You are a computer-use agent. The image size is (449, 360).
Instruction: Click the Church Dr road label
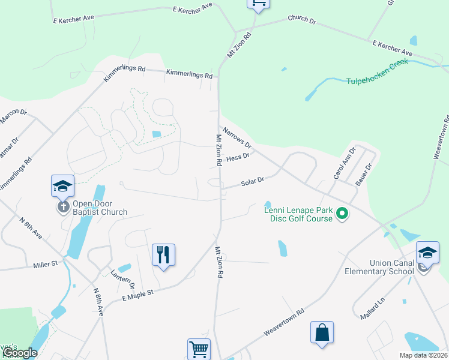point(302,19)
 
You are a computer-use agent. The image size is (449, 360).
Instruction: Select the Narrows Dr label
point(237,137)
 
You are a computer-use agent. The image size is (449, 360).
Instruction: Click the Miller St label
point(45,263)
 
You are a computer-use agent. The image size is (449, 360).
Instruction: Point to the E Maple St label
point(139,292)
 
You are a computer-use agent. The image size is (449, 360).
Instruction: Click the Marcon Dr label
point(13,116)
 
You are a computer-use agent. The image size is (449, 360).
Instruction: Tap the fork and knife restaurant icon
point(163,254)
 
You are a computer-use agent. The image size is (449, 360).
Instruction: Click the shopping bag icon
point(322,332)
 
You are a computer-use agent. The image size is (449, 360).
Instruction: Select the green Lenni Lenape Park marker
point(342,213)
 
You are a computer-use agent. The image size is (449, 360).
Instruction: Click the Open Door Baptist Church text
point(100,208)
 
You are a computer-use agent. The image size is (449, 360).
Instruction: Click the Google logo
point(19,353)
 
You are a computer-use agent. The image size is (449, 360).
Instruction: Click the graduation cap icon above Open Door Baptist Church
point(62,186)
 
